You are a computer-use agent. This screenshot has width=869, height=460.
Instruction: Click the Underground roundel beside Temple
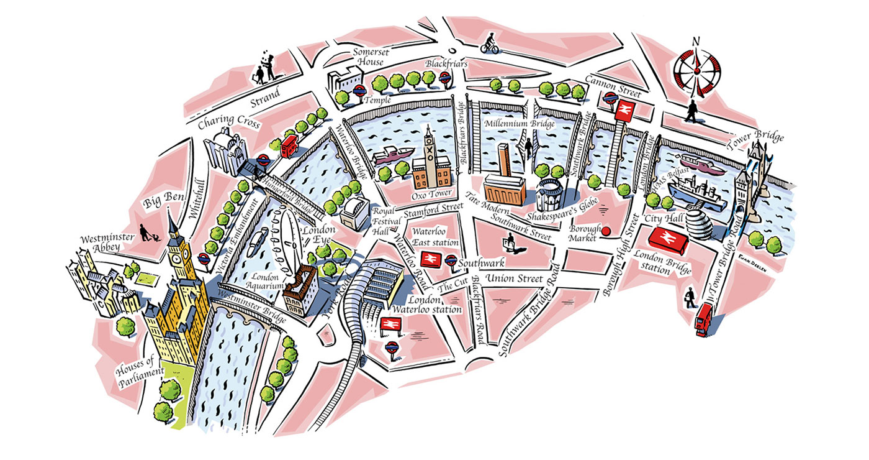pyautogui.click(x=359, y=91)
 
